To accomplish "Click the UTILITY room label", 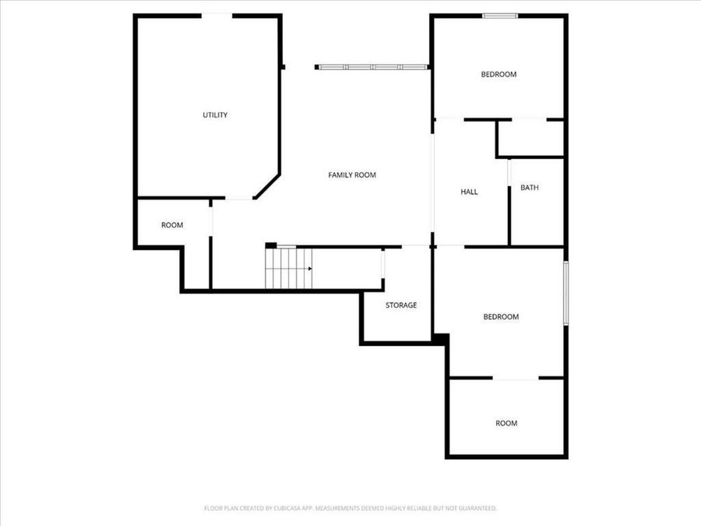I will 215,115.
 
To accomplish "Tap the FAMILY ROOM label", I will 352,175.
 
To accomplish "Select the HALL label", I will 469,192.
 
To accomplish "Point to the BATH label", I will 530,188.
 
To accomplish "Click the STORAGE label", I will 401,305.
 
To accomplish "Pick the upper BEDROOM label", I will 498,75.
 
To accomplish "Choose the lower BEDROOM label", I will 501,317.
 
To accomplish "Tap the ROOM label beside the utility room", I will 172,225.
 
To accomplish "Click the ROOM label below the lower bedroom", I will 506,424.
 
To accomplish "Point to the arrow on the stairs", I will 309,269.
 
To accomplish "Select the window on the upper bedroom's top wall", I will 499,15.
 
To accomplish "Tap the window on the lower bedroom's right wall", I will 566,292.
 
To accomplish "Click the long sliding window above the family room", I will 372,68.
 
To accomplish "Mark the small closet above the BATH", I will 530,138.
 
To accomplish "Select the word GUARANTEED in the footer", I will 475,508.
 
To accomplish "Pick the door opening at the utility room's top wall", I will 217,15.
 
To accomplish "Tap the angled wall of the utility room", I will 267,186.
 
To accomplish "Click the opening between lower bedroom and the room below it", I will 515,378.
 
